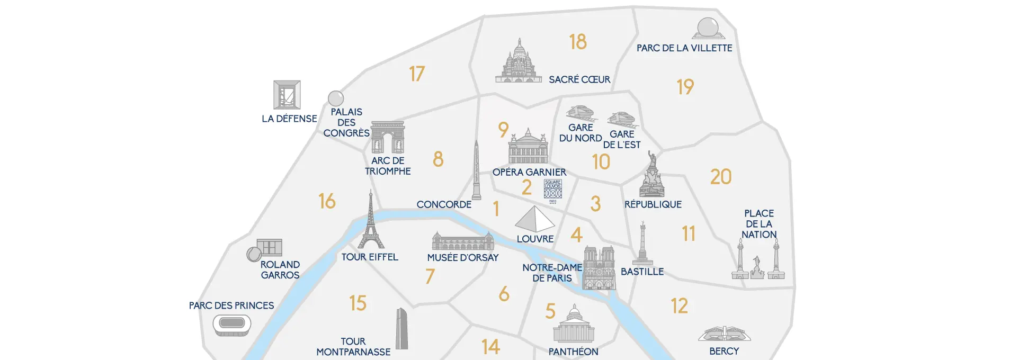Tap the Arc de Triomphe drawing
point(388,137)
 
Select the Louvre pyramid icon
point(534,219)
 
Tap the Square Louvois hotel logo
point(553,190)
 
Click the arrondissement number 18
point(578,42)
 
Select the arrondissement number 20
point(720,177)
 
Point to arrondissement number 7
point(430,276)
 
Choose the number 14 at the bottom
point(490,347)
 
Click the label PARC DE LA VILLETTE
point(684,48)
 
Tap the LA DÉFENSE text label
point(289,119)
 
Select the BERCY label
point(724,351)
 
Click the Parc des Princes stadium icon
point(232,325)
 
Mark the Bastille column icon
point(642,244)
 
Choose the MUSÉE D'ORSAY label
point(463,258)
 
